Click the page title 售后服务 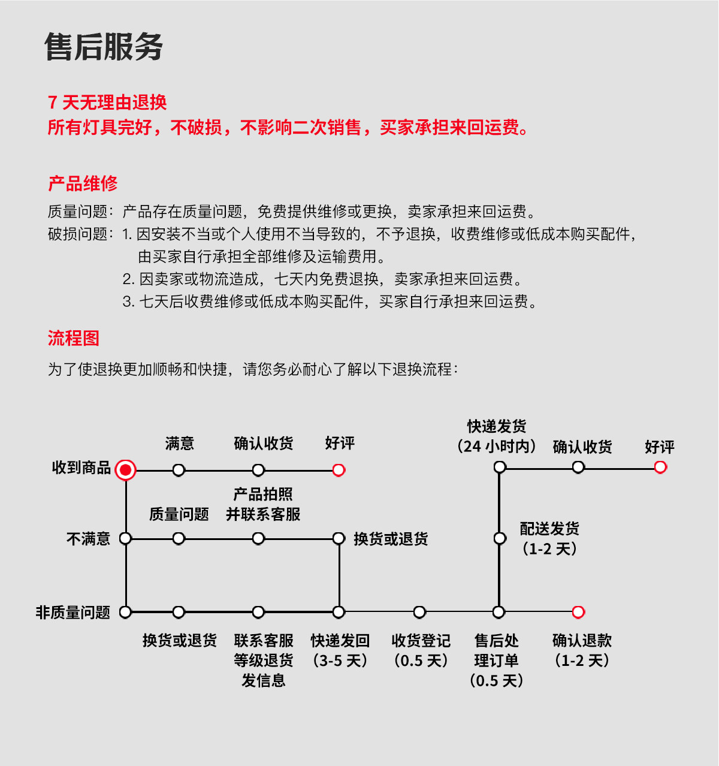pyautogui.click(x=104, y=47)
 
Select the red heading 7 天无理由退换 pyautogui.click(x=107, y=102)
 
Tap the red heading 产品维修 pyautogui.click(x=83, y=183)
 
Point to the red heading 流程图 pyautogui.click(x=73, y=338)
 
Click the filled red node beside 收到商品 pyautogui.click(x=125, y=470)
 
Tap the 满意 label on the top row pyautogui.click(x=179, y=444)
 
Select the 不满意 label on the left pyautogui.click(x=88, y=539)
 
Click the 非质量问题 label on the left pyautogui.click(x=72, y=612)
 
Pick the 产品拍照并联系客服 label pyautogui.click(x=262, y=504)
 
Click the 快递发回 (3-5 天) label pyautogui.click(x=340, y=650)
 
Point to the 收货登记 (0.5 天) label pyautogui.click(x=421, y=650)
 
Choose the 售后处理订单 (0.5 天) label pyautogui.click(x=497, y=660)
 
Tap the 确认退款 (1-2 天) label pyautogui.click(x=582, y=650)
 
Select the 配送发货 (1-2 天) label pyautogui.click(x=549, y=538)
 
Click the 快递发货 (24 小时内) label pyautogui.click(x=497, y=436)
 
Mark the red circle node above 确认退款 pyautogui.click(x=578, y=612)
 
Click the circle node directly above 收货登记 pyautogui.click(x=419, y=612)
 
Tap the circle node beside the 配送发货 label pyautogui.click(x=500, y=538)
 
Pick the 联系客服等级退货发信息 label pyautogui.click(x=263, y=660)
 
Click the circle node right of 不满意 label pyautogui.click(x=125, y=538)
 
